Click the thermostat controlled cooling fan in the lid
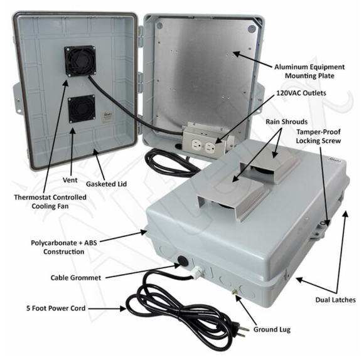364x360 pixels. [x=80, y=61]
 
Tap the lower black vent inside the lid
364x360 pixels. [x=82, y=109]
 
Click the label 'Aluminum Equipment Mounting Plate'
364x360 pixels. [x=309, y=71]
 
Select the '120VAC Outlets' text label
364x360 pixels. [x=301, y=93]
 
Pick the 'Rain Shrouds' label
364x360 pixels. [x=286, y=122]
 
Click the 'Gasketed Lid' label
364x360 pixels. [x=106, y=184]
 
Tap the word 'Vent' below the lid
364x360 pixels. [x=70, y=180]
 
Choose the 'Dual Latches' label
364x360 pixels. [x=336, y=300]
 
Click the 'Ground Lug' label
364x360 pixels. [x=272, y=329]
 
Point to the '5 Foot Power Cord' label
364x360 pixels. [x=56, y=309]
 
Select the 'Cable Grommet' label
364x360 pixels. [x=76, y=278]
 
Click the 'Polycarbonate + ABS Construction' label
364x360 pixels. [x=64, y=247]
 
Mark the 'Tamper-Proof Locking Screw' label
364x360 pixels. [x=318, y=136]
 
